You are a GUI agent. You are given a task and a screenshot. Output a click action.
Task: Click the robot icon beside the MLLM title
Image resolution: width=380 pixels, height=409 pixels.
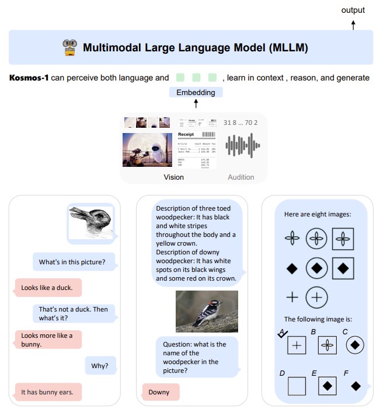[x=69, y=47]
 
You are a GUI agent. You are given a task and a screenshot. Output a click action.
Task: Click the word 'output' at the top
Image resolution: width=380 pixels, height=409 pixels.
[x=353, y=10]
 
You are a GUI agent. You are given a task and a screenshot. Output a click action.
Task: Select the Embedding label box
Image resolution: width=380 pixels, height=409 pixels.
[x=196, y=92]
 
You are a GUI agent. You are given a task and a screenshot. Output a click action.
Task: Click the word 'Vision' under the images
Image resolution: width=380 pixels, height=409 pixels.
[x=173, y=177]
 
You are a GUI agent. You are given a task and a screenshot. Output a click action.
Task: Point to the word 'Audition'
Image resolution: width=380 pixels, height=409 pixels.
[x=240, y=177]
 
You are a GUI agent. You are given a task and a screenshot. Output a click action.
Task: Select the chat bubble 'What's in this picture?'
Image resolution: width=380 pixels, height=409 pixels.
[x=72, y=262]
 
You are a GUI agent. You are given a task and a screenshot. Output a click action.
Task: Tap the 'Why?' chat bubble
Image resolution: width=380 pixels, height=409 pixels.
[x=100, y=366]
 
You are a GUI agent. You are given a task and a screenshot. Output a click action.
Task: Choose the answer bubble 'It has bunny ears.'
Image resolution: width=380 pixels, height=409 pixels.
[x=47, y=392]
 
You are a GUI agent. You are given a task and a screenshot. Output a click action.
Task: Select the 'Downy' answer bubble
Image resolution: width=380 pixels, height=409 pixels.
[x=159, y=392]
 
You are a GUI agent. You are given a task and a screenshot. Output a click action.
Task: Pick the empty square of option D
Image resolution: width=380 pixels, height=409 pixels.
[x=297, y=386]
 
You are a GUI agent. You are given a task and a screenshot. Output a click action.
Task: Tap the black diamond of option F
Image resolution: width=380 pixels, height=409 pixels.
[x=355, y=386]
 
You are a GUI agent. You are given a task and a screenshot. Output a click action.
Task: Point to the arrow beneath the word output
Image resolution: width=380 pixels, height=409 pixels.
[x=353, y=24]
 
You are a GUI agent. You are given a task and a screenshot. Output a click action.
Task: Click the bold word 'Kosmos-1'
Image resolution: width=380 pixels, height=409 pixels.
[x=29, y=78]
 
